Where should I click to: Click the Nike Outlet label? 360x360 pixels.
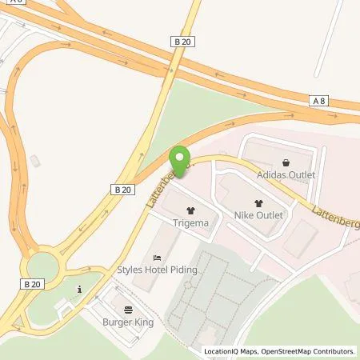(257, 215)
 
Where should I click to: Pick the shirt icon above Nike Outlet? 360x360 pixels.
(258, 203)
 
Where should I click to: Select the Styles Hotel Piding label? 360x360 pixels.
(157, 269)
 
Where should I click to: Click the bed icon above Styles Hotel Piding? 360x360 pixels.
(157, 257)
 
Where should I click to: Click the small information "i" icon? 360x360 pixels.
(78, 289)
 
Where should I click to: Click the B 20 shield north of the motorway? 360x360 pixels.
(183, 39)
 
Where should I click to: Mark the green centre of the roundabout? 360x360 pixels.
(40, 265)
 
